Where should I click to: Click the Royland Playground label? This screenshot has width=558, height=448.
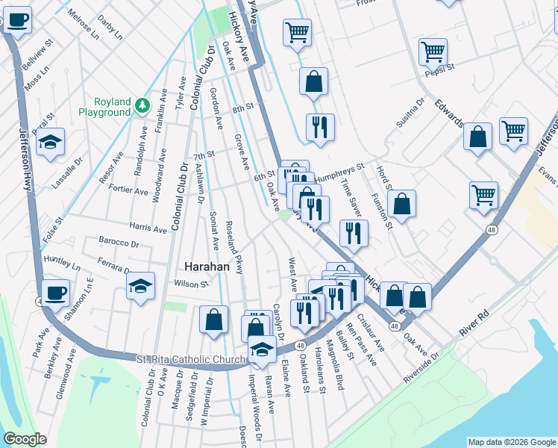104,107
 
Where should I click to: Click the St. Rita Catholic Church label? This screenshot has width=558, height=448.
191,360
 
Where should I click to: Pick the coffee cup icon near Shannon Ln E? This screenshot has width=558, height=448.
55,293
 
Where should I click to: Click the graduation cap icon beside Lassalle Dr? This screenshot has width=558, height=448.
50,143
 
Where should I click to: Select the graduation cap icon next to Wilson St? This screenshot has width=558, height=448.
140,286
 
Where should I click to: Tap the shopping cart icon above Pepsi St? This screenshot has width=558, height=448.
433,52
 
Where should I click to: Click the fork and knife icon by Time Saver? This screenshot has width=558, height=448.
354,233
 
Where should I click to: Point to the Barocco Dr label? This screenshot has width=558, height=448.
119,243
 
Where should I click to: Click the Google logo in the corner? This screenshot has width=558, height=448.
25,439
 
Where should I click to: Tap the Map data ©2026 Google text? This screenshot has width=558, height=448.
512,442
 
